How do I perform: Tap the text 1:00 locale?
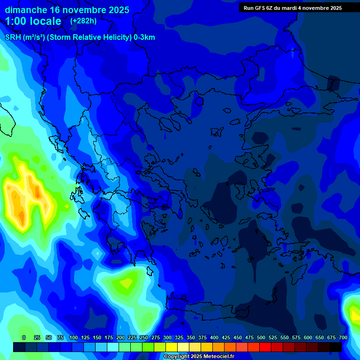(33, 21)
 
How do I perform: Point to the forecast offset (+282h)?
(83, 21)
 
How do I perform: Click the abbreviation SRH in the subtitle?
(13, 37)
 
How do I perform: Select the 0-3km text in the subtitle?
(144, 37)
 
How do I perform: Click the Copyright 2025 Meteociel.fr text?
(199, 357)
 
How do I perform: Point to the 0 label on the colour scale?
(24, 338)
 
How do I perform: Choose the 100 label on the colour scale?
(74, 338)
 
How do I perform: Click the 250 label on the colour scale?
(144, 338)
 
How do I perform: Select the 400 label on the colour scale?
(214, 338)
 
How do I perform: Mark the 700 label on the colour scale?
(343, 338)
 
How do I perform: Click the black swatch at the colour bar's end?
(336, 347)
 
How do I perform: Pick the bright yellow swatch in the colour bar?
(172, 347)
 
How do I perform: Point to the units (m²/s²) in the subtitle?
(34, 37)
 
